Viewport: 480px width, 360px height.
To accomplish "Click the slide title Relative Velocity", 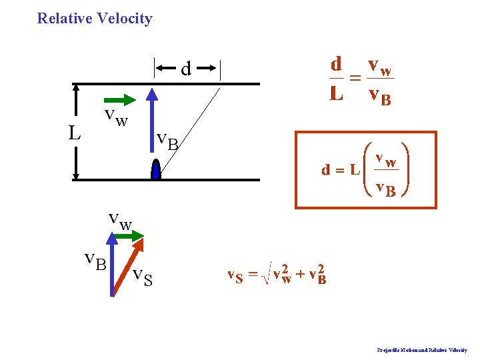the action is (x=95, y=19).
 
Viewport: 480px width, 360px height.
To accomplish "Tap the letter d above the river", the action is (x=187, y=68).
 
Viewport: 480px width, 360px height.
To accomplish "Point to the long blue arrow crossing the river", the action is (x=153, y=127).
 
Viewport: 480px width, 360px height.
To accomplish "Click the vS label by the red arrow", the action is (x=143, y=275).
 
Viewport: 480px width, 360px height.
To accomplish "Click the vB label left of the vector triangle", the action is (x=95, y=261).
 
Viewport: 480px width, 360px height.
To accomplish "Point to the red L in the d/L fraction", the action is (x=337, y=93).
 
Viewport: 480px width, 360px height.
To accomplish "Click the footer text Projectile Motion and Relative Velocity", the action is (x=422, y=350).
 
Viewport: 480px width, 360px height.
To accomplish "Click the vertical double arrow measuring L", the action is (x=76, y=131).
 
